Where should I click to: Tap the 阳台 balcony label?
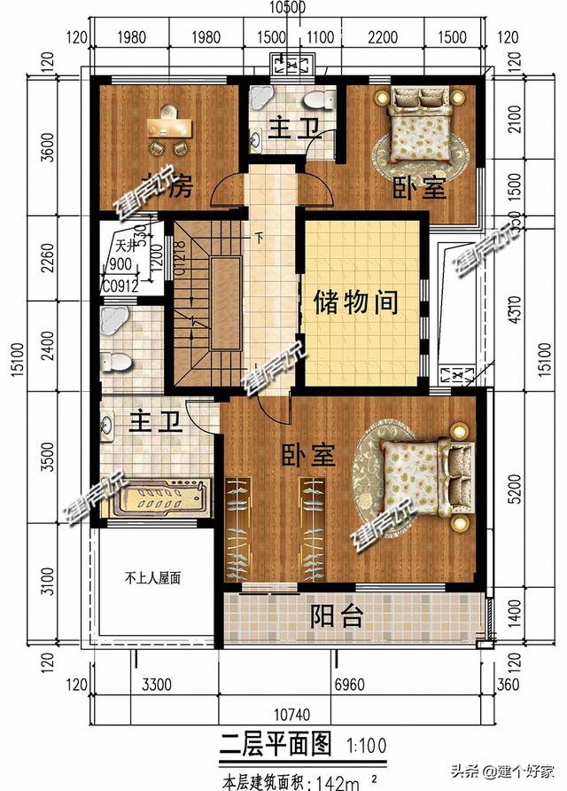336,616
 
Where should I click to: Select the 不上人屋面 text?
151,578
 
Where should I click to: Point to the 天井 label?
124,246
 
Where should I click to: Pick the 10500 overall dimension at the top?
286,8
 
